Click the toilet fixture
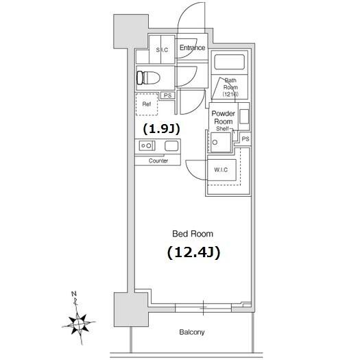pyautogui.click(x=148, y=77)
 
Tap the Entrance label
pyautogui.click(x=192, y=47)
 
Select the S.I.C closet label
pyautogui.click(x=162, y=50)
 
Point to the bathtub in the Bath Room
pyautogui.click(x=229, y=61)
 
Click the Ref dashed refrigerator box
pyautogui.click(x=147, y=104)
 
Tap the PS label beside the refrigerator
pyautogui.click(x=168, y=95)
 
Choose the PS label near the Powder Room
pyautogui.click(x=245, y=139)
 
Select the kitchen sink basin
pyautogui.click(x=171, y=146)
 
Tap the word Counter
pyautogui.click(x=158, y=160)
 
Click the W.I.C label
pyautogui.click(x=221, y=169)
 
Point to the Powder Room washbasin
pyautogui.click(x=244, y=117)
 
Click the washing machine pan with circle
pyautogui.click(x=220, y=142)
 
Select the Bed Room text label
pyautogui.click(x=193, y=234)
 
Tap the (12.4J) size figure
pyautogui.click(x=193, y=252)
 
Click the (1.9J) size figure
pyautogui.click(x=161, y=129)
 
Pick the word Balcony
pyautogui.click(x=192, y=332)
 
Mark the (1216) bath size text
pyautogui.click(x=230, y=94)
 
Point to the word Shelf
pyautogui.click(x=222, y=129)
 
